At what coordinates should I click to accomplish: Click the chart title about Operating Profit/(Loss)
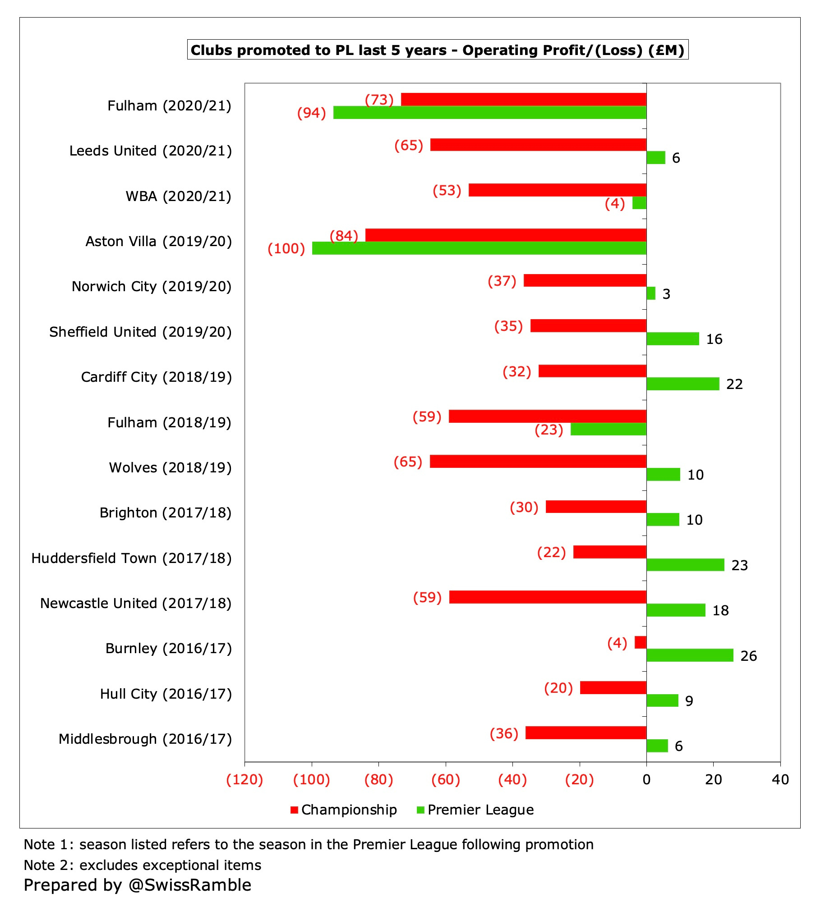tap(438, 50)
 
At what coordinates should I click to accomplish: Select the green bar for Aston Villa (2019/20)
tap(479, 248)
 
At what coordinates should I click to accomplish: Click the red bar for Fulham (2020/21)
tap(523, 99)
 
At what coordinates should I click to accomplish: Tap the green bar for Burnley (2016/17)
tap(690, 655)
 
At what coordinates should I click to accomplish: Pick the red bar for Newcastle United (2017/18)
tap(548, 597)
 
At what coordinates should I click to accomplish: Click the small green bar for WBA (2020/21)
tap(639, 203)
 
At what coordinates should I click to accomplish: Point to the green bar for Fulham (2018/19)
tap(608, 429)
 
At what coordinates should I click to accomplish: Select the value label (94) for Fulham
tap(311, 113)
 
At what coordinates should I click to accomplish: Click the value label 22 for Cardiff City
tap(734, 384)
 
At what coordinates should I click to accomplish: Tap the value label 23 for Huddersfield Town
tap(739, 565)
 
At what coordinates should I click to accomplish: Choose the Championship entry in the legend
tap(344, 810)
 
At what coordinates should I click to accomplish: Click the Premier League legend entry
tap(475, 810)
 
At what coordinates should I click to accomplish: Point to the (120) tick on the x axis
tap(244, 779)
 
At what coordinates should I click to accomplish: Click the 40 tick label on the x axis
tap(780, 779)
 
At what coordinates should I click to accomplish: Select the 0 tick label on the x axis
tap(646, 779)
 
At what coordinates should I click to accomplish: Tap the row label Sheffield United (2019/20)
tap(140, 332)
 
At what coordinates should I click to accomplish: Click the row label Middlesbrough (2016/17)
tap(145, 739)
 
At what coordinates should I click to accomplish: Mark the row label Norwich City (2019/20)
tap(152, 286)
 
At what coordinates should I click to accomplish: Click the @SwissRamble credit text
tap(189, 885)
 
